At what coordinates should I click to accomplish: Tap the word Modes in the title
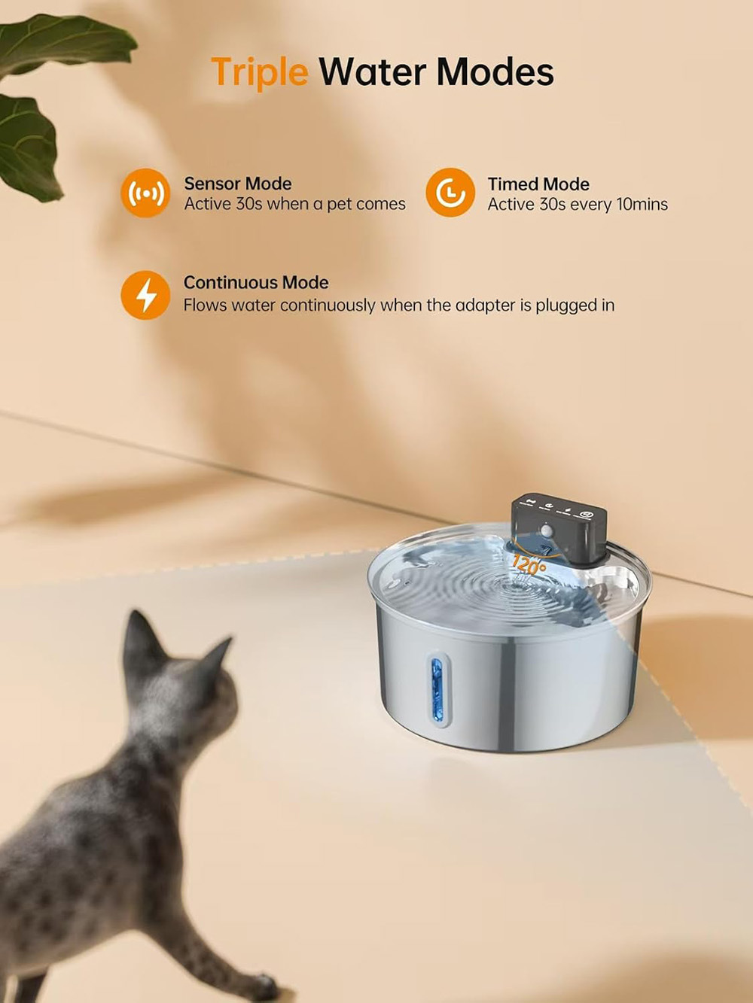coord(495,71)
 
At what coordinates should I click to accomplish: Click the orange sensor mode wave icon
coord(145,193)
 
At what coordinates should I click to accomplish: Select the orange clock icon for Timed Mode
coord(450,193)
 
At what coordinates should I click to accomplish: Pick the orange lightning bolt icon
coord(145,295)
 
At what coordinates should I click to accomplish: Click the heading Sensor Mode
coord(238,184)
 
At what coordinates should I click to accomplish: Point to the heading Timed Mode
coord(538,184)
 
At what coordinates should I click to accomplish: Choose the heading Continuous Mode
coord(256,282)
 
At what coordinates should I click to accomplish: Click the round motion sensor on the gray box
coord(547,530)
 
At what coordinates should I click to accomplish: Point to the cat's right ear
coord(217,654)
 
